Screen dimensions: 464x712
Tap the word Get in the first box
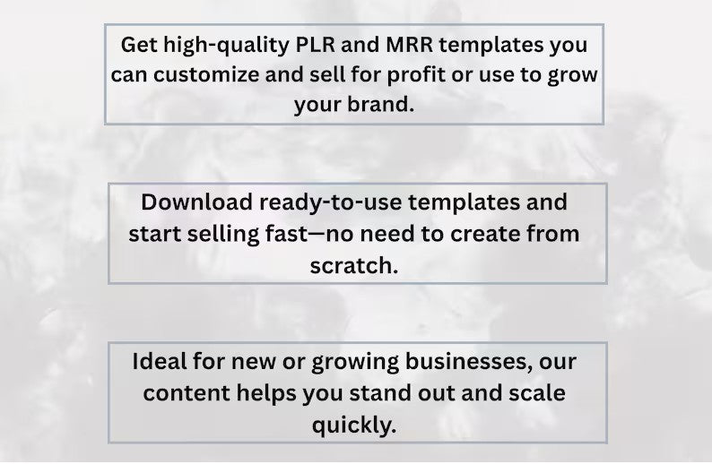(x=136, y=44)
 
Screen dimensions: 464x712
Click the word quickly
(x=354, y=424)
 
